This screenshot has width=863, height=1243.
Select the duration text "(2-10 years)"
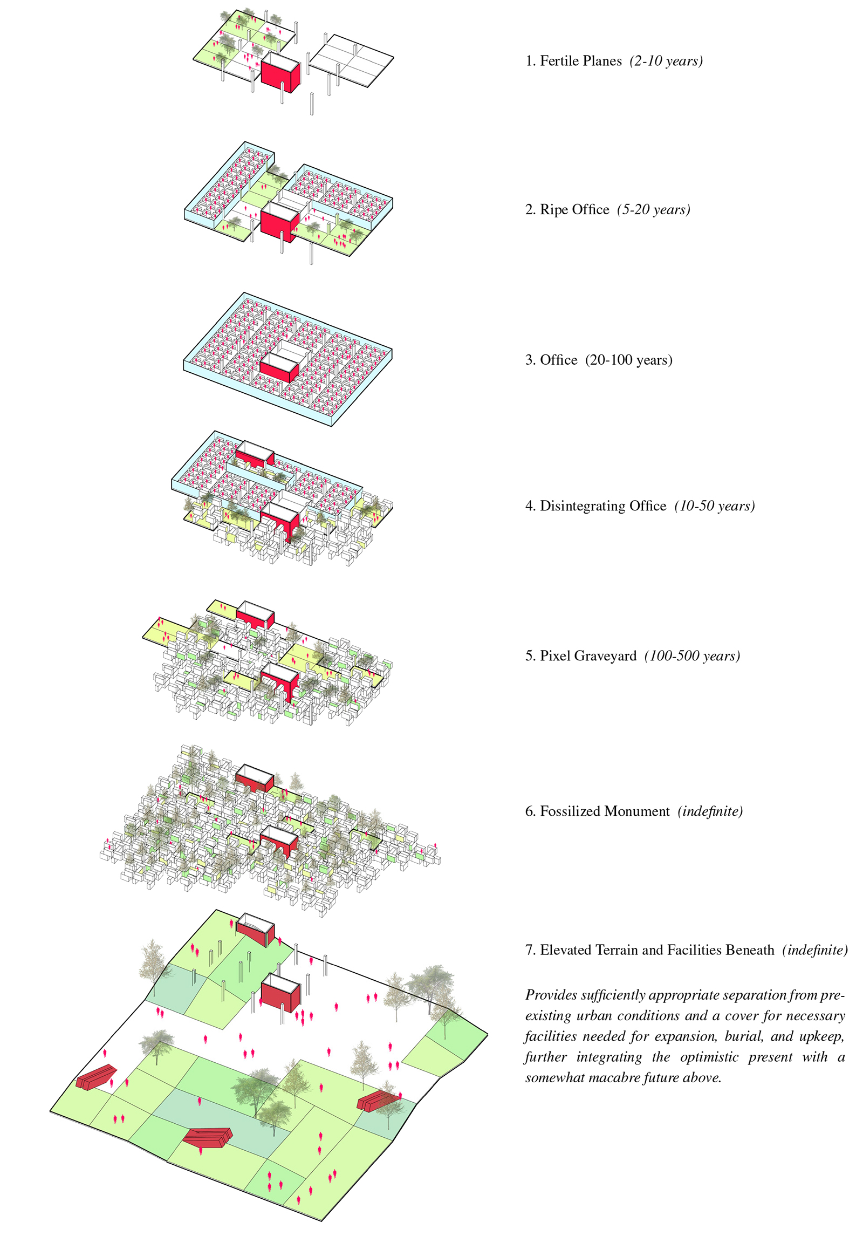[666, 61]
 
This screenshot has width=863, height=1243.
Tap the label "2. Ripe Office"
[567, 210]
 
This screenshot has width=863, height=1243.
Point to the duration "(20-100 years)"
[629, 360]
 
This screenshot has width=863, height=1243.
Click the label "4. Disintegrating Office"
[595, 506]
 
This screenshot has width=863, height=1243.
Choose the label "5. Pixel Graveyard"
[581, 656]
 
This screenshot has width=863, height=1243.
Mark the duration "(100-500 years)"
[692, 656]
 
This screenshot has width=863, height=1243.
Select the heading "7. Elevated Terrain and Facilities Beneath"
[649, 950]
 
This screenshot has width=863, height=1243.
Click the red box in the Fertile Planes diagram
[279, 74]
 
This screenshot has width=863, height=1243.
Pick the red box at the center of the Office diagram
[278, 370]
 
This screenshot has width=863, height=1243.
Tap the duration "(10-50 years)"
[714, 506]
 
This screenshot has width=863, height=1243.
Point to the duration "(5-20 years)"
[653, 210]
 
